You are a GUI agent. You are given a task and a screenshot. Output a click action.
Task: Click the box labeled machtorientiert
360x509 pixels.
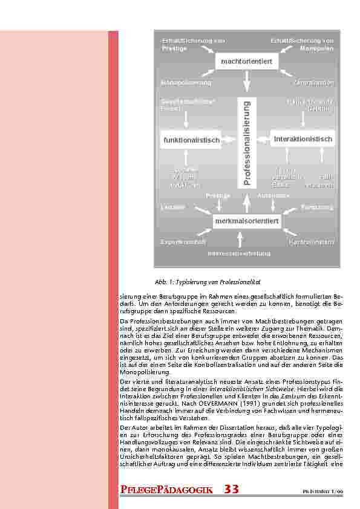pos(246,62)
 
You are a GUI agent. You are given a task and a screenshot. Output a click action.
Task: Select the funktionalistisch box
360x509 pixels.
pos(191,140)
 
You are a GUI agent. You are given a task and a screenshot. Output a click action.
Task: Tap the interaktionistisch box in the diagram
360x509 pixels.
pos(303,139)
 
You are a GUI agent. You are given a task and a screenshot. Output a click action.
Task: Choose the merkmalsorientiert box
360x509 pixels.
pos(246,221)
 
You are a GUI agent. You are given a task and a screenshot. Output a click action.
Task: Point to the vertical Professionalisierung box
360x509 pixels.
pos(247,143)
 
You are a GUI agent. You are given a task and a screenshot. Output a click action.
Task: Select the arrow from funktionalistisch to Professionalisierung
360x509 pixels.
pos(229,140)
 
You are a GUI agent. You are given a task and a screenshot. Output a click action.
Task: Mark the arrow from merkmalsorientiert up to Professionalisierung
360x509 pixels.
pos(247,202)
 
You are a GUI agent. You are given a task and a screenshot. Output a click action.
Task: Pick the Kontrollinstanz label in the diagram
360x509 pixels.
pos(311,242)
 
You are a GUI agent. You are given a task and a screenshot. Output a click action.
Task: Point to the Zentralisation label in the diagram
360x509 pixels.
pos(313,82)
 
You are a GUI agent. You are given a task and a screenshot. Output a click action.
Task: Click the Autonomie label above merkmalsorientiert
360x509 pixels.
pos(273,196)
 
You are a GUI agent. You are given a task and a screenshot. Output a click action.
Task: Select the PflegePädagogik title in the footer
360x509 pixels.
pos(166,489)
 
